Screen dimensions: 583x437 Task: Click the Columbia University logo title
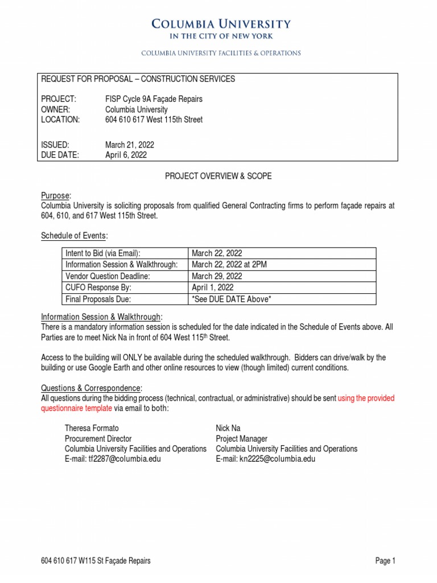coord(221,24)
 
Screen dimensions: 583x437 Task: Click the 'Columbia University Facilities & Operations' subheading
coord(221,53)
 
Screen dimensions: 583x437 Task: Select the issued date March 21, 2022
coord(130,145)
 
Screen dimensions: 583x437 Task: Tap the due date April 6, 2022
coord(126,154)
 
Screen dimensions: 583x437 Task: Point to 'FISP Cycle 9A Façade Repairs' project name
coord(154,99)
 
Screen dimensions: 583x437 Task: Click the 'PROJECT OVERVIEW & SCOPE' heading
coord(218,176)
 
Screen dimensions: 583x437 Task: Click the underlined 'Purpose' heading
coord(56,195)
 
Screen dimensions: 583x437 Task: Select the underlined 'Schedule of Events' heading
coord(74,236)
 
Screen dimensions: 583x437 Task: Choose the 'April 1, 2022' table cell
coord(213,288)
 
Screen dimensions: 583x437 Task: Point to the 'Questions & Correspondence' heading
coord(91,388)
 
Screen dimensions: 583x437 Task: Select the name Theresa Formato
coord(92,428)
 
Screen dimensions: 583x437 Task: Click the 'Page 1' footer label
coord(385,561)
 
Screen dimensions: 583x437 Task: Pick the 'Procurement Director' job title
coord(98,438)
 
